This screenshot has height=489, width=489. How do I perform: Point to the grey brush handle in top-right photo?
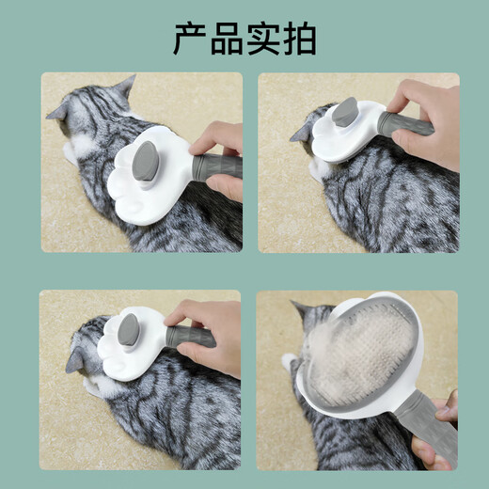click(404, 123)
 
